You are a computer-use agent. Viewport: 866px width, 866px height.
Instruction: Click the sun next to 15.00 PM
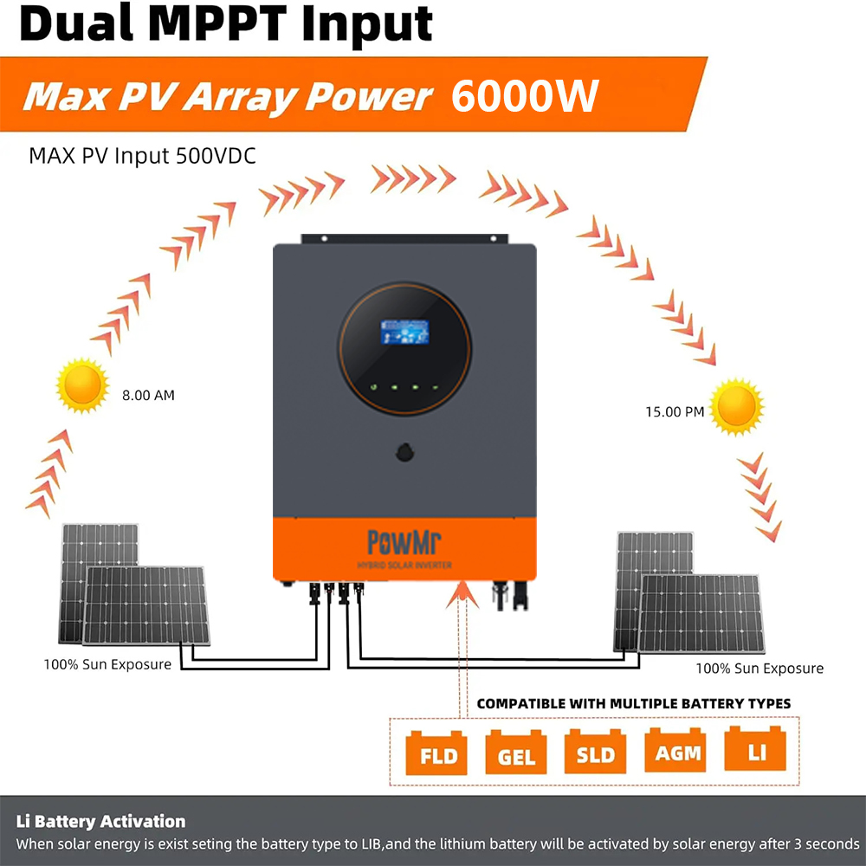[737, 404]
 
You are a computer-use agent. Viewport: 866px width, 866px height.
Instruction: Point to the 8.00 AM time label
[148, 395]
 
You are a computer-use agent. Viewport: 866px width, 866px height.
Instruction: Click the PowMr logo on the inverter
[404, 542]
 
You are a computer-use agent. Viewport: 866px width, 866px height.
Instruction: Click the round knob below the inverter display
[404, 451]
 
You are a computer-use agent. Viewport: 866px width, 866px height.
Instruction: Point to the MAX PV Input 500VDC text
[142, 156]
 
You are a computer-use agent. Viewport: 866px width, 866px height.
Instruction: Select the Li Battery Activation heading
[100, 821]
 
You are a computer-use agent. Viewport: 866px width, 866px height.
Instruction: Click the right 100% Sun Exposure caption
[759, 669]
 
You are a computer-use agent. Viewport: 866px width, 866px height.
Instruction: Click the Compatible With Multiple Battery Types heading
[633, 703]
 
